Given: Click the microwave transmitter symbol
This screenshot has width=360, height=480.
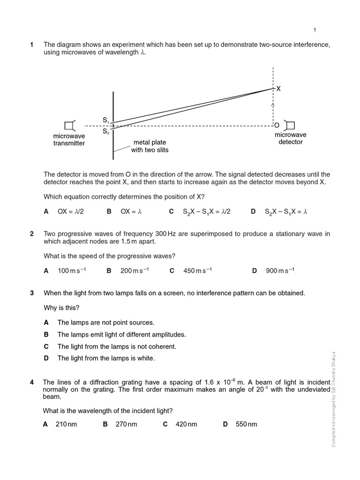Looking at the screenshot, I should (x=69, y=126).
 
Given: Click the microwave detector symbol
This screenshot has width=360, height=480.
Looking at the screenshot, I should (x=290, y=125).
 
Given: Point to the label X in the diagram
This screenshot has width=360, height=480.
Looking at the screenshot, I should (x=278, y=89).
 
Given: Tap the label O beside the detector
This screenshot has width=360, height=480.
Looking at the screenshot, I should (x=277, y=125).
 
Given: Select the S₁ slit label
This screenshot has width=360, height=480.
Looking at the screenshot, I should (x=106, y=120).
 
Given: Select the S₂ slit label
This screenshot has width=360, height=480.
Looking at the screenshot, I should (x=106, y=131).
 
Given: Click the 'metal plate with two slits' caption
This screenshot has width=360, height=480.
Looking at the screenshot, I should (x=150, y=146).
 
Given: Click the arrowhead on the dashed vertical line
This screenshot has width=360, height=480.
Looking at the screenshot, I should (x=273, y=105).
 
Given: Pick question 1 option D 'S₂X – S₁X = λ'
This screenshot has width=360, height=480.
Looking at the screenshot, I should (x=285, y=211).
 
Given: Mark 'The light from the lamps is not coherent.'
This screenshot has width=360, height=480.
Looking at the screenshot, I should (x=116, y=346).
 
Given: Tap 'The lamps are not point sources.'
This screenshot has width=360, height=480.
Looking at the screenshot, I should (x=105, y=322).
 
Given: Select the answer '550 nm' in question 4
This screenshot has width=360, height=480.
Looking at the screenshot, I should (x=246, y=424).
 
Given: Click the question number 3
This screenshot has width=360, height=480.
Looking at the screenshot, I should (x=32, y=293).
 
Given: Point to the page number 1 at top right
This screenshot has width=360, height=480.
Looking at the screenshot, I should (x=315, y=30).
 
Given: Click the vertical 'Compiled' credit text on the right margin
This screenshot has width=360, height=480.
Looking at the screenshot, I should (x=334, y=398).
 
